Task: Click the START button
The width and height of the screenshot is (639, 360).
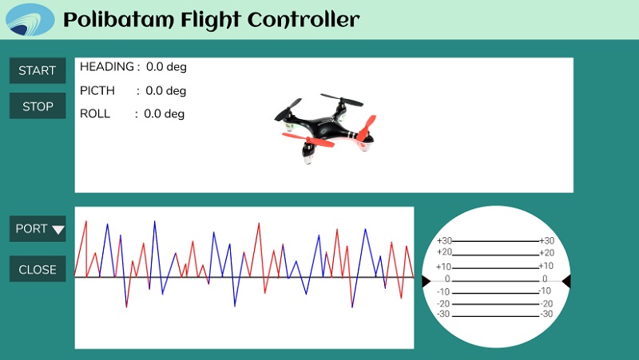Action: tap(38, 70)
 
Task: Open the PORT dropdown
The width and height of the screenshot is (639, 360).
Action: tap(38, 228)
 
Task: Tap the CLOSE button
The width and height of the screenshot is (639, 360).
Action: tap(38, 269)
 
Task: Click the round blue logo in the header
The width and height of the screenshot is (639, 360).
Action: tap(30, 19)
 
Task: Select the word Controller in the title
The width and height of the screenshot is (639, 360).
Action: tap(304, 19)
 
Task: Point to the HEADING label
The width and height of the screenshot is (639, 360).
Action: tap(107, 66)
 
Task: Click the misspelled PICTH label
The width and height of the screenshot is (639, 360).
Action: tap(97, 90)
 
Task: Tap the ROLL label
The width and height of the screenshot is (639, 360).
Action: tap(95, 113)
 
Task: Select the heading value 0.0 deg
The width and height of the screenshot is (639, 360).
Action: tap(166, 67)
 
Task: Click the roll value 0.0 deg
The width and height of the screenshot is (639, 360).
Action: tap(165, 114)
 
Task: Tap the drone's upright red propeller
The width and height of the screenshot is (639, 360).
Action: tap(367, 128)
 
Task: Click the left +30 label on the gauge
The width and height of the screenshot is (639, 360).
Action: tap(444, 241)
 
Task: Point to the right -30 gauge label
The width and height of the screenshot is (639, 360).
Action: tap(546, 314)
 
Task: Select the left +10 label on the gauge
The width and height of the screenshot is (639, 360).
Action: tap(443, 267)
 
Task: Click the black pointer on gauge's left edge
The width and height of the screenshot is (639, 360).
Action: tap(426, 281)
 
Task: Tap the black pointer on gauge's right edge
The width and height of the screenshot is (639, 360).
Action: tap(566, 281)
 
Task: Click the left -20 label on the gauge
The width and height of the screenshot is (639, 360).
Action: tap(443, 304)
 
